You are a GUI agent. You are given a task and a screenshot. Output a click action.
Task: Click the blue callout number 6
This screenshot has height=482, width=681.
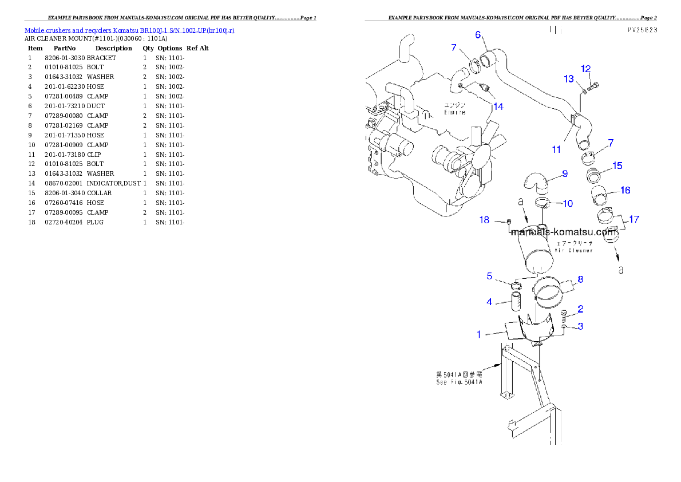point(478,34)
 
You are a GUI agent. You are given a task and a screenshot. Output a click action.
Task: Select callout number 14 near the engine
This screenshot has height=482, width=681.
point(498,106)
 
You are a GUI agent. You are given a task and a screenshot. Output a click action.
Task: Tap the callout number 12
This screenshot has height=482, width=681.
point(585,69)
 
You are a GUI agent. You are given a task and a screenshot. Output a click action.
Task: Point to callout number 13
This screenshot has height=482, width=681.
point(568,78)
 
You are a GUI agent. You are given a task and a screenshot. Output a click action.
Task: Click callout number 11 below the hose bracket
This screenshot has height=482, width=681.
point(556,149)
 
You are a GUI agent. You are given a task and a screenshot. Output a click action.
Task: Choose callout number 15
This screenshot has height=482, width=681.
point(617,165)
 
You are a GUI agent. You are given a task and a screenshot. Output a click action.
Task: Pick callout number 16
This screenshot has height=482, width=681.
point(625,190)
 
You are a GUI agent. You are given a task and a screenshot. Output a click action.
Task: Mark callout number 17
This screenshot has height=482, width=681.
point(634,219)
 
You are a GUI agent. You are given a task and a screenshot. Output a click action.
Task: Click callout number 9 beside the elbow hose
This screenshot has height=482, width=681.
point(564,173)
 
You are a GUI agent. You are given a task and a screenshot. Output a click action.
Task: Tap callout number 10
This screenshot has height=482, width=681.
point(567,203)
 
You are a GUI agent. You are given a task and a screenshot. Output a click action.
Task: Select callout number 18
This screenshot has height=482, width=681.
point(484,220)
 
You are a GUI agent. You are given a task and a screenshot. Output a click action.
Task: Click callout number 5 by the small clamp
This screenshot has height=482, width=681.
point(489,276)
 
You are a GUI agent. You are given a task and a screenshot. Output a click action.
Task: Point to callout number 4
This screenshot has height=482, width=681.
point(489,302)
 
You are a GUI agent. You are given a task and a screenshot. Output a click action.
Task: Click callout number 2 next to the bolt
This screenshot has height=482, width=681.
point(580,309)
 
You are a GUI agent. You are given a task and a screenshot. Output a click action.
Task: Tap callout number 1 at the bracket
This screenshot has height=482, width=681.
point(480,334)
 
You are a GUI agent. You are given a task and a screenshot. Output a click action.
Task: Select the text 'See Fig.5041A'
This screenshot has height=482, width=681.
point(458,382)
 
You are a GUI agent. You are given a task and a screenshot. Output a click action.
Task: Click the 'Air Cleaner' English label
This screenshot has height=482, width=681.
point(574,250)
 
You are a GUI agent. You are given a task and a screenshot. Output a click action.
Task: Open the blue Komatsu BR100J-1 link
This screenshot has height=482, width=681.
point(129,30)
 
